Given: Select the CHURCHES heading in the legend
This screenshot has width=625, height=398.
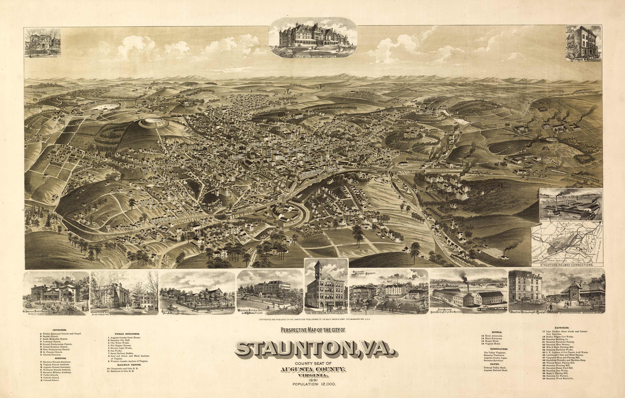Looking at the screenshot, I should click(x=59, y=330).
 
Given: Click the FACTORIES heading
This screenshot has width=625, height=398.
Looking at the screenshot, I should click(x=562, y=328).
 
